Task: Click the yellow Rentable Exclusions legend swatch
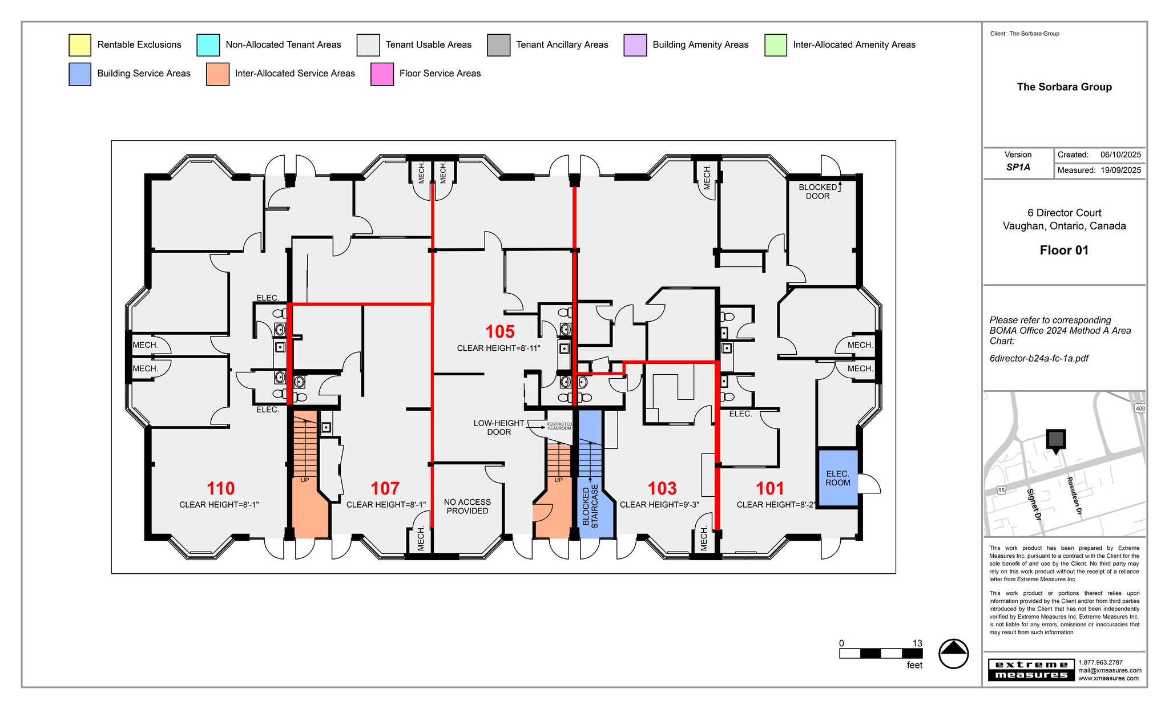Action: tap(79, 45)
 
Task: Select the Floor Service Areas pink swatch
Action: tap(382, 74)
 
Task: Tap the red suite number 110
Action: tap(220, 489)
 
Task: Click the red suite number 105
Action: tap(499, 331)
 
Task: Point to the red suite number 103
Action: tap(662, 489)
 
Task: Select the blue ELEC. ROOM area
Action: tap(837, 478)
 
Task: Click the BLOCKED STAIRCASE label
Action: tap(590, 507)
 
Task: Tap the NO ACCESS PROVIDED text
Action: tap(467, 507)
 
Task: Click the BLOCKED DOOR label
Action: tap(817, 192)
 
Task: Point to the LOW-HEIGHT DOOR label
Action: tap(498, 428)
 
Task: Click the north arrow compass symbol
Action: tap(953, 653)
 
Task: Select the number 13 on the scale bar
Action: tap(917, 643)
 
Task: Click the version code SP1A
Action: tap(1018, 168)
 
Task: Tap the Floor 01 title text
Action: tap(1064, 250)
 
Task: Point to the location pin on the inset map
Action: tap(1055, 440)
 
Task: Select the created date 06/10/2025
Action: tap(1120, 155)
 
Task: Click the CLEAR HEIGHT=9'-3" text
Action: tap(659, 505)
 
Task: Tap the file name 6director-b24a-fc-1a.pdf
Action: tap(1039, 359)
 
